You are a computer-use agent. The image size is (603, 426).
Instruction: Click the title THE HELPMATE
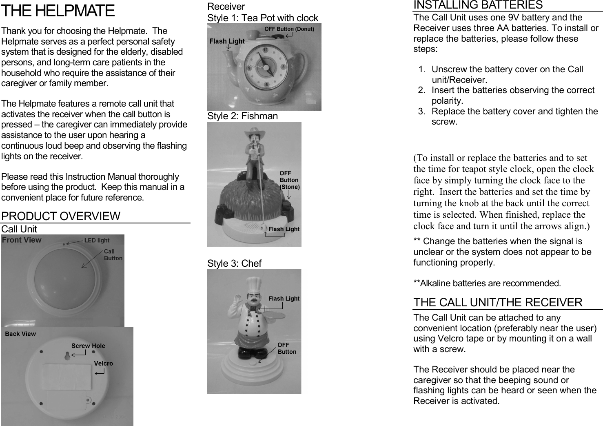coord(58,11)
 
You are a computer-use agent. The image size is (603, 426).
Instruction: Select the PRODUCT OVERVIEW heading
coord(61,216)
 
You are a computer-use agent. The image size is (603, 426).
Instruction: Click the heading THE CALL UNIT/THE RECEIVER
coord(498,303)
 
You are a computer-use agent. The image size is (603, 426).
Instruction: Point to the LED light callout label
coord(97,241)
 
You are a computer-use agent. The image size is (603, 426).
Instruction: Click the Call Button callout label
coord(113,255)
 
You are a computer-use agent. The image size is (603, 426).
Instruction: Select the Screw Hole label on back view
coord(88,346)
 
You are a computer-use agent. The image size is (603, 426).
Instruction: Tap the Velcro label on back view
coord(104,364)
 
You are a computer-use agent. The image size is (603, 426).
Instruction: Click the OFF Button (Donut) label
coord(289,29)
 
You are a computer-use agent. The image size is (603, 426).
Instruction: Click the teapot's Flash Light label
coord(227,41)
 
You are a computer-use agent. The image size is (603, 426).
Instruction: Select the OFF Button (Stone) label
coord(289,180)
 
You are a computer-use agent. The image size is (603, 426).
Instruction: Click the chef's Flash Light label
coord(284,299)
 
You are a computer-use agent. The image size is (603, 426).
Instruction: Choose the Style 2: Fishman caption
coord(242,116)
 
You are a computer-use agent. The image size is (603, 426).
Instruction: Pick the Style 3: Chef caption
coord(234,263)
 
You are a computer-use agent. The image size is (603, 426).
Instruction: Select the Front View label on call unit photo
coord(22,240)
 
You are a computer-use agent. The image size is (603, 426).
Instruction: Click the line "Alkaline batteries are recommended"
coord(487,283)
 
